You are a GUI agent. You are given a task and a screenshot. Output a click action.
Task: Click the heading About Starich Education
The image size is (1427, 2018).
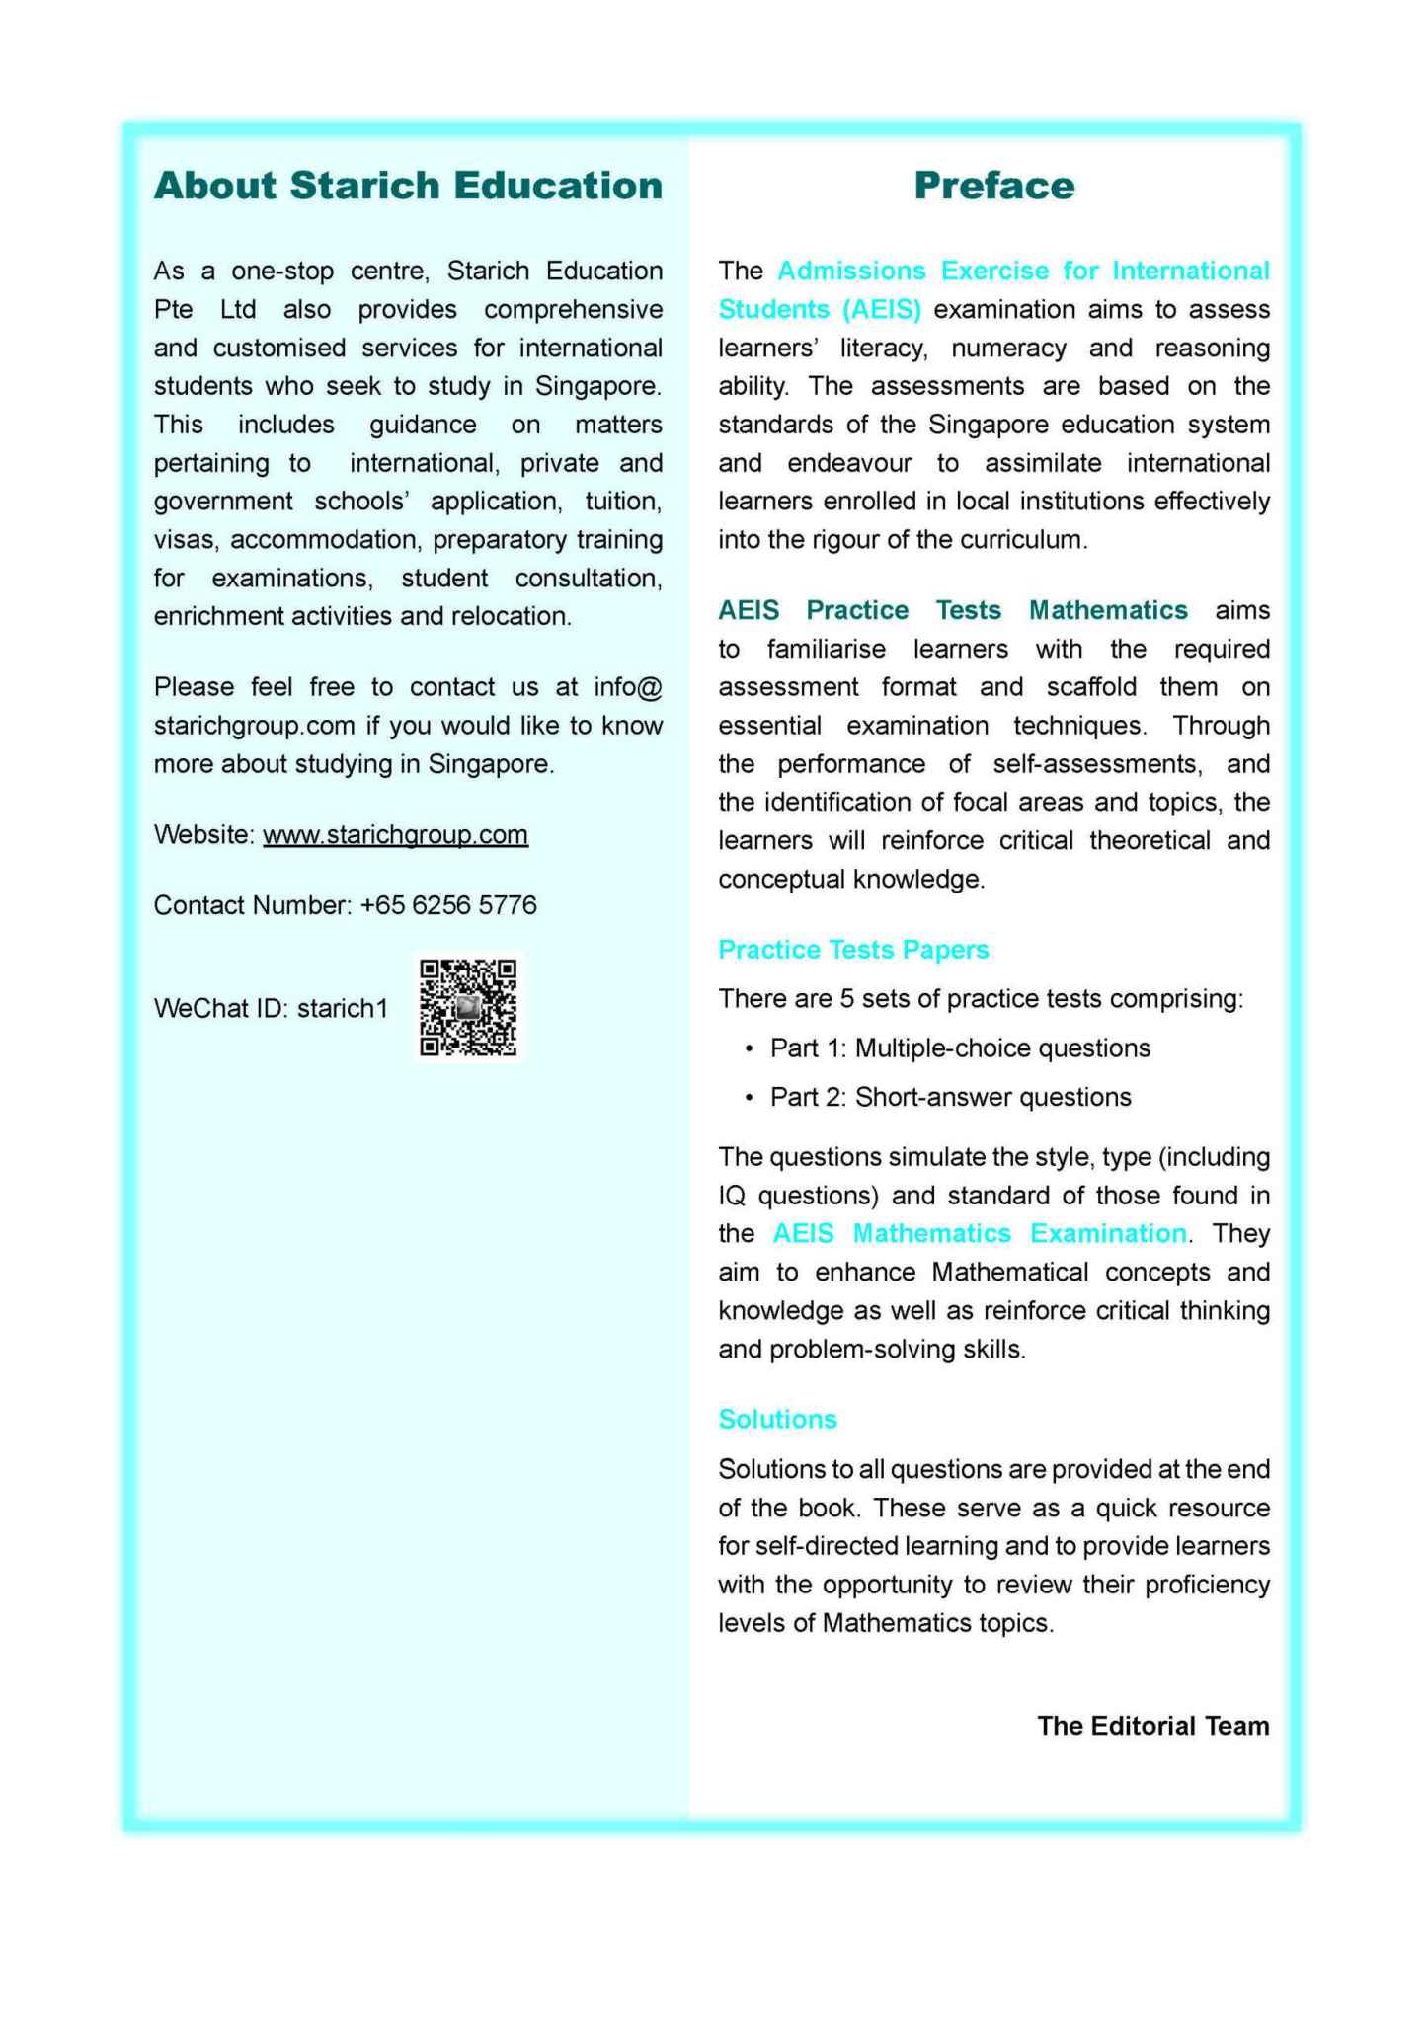click(408, 186)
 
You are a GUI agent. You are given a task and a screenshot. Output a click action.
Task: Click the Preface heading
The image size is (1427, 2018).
click(993, 186)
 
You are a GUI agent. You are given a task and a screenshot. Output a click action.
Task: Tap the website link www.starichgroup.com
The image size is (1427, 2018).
click(395, 834)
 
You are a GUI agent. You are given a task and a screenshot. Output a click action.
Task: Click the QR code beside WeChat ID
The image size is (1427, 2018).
click(468, 1008)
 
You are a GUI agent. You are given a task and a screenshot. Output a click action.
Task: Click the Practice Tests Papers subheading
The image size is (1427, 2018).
click(853, 949)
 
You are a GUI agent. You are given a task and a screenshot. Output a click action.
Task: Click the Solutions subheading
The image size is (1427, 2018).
click(777, 1419)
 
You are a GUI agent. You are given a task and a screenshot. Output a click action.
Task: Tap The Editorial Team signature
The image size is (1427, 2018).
click(1152, 1726)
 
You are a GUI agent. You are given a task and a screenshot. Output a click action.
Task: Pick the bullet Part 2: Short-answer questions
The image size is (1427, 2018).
click(950, 1097)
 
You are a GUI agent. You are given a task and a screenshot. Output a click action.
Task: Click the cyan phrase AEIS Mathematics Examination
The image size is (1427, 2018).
click(980, 1233)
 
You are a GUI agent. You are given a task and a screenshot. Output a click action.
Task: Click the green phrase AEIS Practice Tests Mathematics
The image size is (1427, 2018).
click(952, 610)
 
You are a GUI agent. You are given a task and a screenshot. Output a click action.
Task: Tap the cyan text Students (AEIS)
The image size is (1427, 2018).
click(820, 309)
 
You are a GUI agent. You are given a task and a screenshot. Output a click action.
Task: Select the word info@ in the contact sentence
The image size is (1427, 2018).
click(627, 687)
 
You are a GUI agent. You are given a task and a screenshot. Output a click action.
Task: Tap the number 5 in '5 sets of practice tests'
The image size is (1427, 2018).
click(846, 998)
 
